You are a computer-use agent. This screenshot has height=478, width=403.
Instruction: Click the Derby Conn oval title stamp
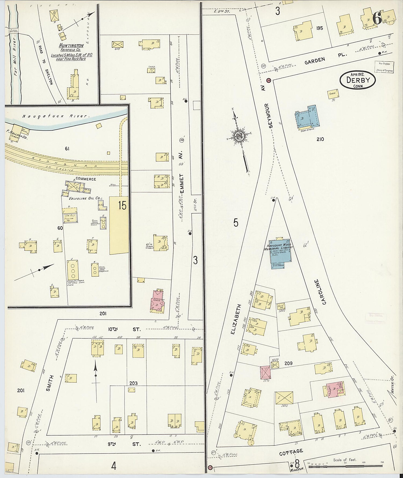point(358,80)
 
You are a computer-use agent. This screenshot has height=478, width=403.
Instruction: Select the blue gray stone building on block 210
point(307,118)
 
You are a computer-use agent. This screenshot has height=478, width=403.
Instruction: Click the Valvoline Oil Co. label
point(82,198)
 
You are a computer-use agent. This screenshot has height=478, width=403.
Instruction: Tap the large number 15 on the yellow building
point(122,206)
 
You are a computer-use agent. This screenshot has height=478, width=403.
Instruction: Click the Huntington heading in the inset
point(71,46)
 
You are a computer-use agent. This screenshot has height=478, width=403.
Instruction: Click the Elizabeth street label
point(233,319)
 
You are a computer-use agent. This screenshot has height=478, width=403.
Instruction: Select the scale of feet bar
point(347,467)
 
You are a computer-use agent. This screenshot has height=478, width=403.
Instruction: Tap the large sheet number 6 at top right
point(377,18)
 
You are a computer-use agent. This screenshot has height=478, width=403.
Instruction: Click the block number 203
point(133,383)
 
